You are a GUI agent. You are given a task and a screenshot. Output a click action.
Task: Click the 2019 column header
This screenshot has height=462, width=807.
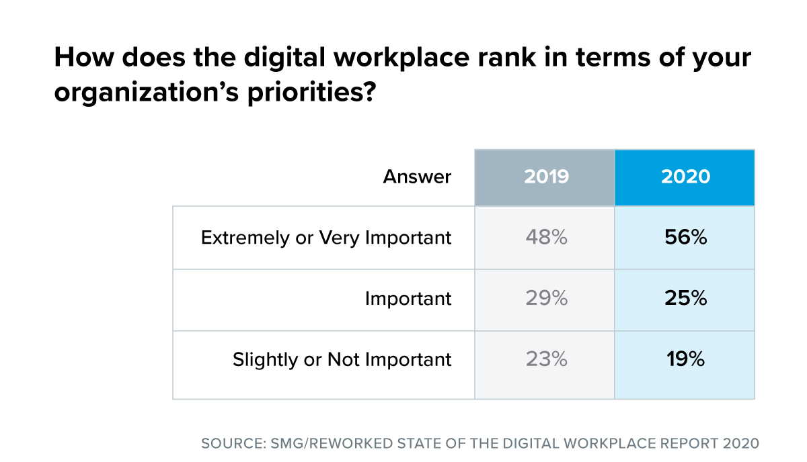545,177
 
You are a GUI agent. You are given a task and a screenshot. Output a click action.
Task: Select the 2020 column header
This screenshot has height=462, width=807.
685,177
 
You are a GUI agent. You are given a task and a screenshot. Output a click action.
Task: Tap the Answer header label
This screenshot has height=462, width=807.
417,177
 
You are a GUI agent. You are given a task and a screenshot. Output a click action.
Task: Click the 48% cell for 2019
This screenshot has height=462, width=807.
545,238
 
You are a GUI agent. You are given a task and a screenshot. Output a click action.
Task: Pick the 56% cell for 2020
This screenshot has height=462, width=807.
685,238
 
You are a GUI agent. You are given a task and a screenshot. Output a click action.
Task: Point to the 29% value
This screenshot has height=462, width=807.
545,299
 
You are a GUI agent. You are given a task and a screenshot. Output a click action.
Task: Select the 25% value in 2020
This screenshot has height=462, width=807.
685,299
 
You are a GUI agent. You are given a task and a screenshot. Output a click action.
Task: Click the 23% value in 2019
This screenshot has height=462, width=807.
545,359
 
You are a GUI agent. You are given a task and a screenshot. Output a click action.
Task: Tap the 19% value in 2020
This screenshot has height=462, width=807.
685,359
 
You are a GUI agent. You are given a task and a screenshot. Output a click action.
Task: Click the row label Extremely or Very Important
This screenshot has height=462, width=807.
326,238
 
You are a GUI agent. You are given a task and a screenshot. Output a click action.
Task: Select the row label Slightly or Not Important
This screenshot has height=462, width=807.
342,359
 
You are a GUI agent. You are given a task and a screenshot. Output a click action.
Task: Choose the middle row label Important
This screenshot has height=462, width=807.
408,299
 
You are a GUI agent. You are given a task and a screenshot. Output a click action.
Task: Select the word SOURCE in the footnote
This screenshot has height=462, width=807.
231,444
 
